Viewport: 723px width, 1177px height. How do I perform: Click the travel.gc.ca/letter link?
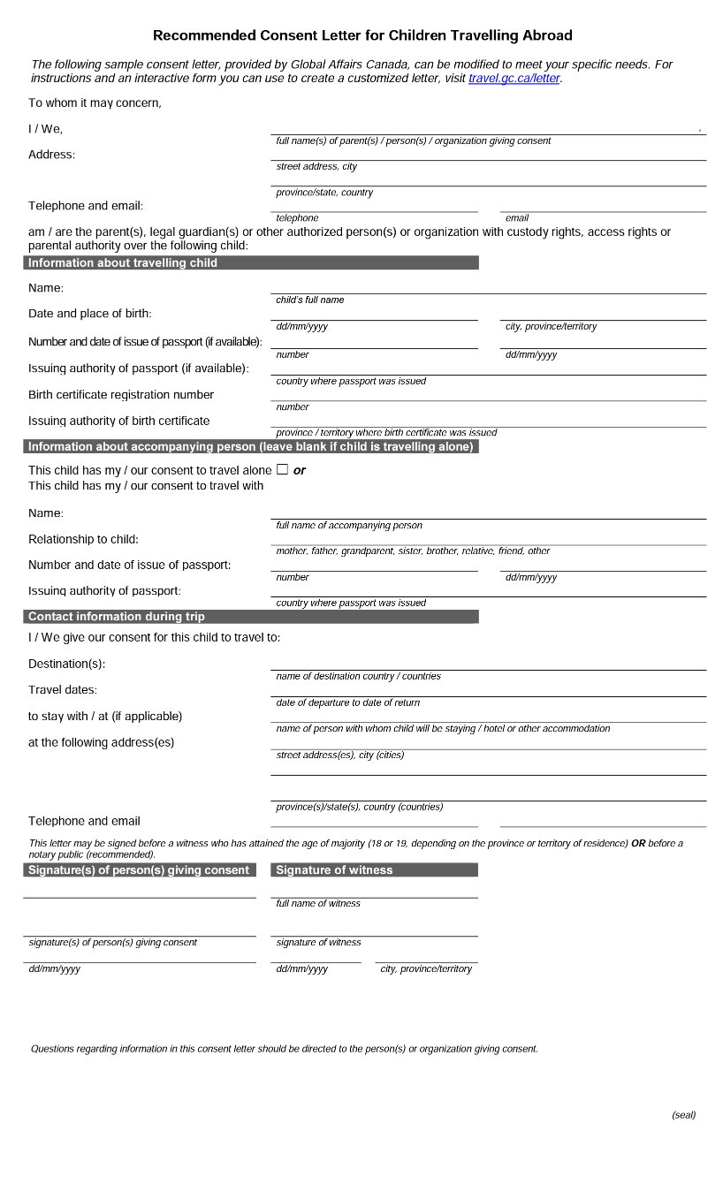pyautogui.click(x=514, y=78)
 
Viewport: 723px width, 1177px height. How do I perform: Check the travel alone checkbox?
pyautogui.click(x=282, y=469)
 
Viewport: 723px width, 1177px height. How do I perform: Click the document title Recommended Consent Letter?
pyautogui.click(x=362, y=35)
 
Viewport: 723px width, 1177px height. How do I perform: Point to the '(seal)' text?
pyautogui.click(x=683, y=1114)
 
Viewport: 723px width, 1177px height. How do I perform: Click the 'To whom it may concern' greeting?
pyautogui.click(x=95, y=103)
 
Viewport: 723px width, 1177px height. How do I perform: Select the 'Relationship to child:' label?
pyautogui.click(x=83, y=539)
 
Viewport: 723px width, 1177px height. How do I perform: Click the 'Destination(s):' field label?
pyautogui.click(x=66, y=664)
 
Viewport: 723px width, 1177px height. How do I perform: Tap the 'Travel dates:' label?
pyautogui.click(x=63, y=689)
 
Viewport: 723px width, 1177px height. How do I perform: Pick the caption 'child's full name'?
pyautogui.click(x=309, y=300)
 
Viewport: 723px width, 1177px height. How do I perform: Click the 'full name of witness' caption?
pyautogui.click(x=318, y=903)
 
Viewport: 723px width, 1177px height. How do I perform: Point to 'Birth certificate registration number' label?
pyautogui.click(x=121, y=394)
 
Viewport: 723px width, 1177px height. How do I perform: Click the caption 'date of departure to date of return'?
pyautogui.click(x=347, y=702)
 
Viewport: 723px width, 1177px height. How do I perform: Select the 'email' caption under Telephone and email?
pyautogui.click(x=517, y=217)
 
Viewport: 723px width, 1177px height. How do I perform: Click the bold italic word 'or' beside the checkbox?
pyautogui.click(x=300, y=470)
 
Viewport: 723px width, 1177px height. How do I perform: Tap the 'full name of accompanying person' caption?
pyautogui.click(x=349, y=525)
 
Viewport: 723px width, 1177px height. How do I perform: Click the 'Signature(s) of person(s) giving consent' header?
pyautogui.click(x=139, y=869)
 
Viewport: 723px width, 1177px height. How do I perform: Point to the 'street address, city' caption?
pyautogui.click(x=316, y=166)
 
